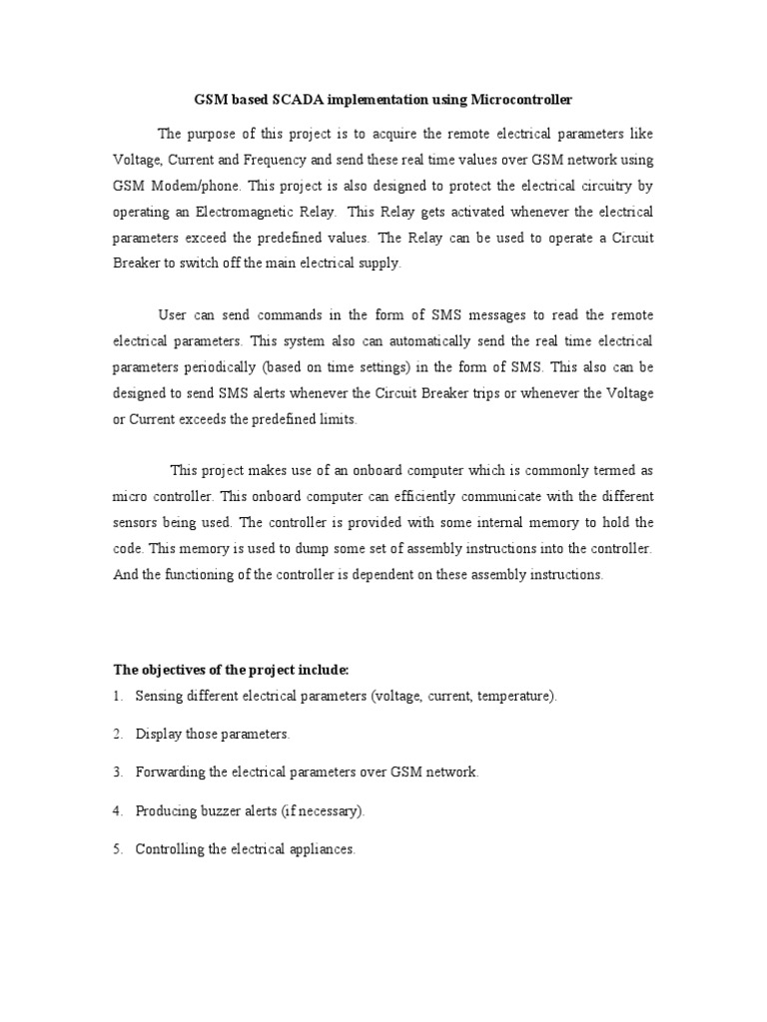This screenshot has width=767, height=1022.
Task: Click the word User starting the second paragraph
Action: [173, 315]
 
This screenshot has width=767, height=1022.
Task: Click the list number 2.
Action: [117, 734]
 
